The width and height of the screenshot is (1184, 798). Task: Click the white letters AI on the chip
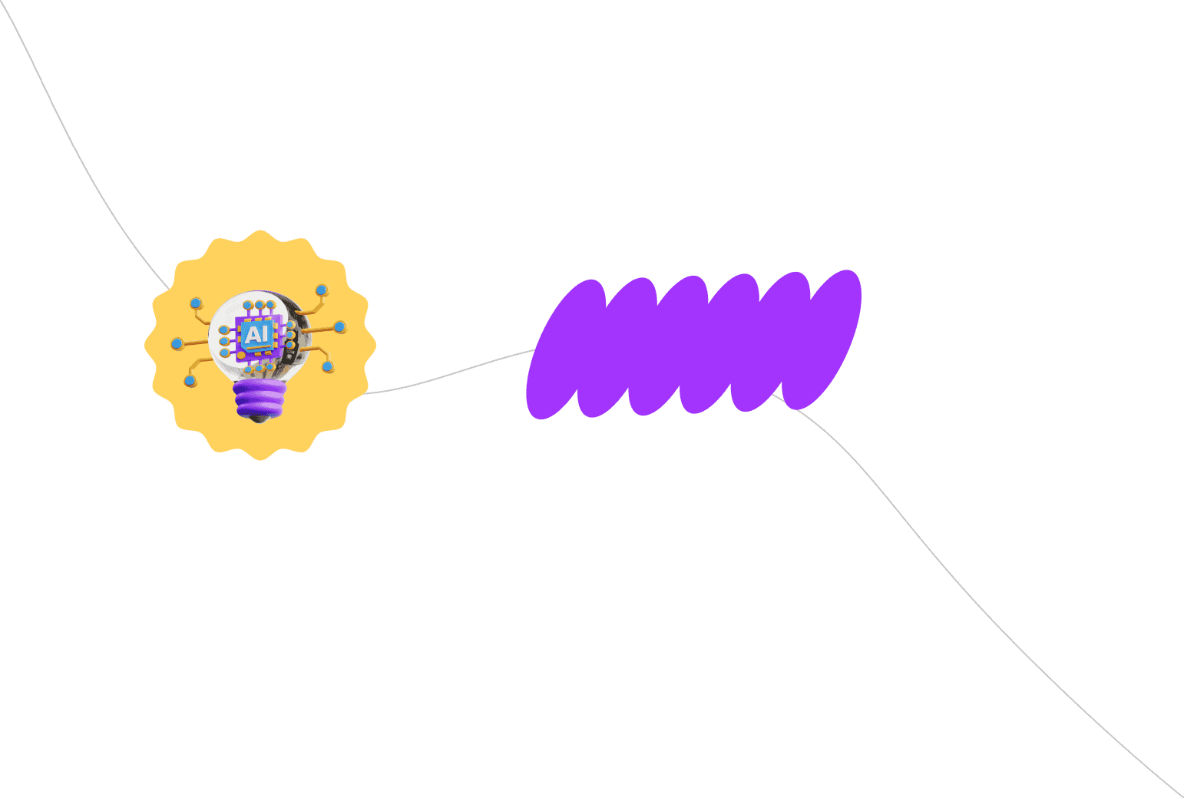tap(257, 333)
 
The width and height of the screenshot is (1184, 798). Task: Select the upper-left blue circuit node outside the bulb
tap(196, 303)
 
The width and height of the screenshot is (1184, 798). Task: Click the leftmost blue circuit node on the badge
tap(177, 344)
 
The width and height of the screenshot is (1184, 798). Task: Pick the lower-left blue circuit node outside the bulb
tap(190, 381)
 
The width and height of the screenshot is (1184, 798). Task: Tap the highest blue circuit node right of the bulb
tap(322, 290)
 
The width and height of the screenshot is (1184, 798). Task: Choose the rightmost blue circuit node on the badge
tap(340, 327)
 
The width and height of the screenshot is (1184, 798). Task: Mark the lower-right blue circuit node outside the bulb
tap(328, 366)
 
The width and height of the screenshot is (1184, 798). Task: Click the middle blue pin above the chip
tap(259, 305)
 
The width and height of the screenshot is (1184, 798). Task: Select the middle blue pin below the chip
tap(259, 368)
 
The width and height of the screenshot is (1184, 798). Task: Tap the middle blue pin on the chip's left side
tap(224, 341)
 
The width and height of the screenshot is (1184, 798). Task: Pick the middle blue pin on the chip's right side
tap(290, 336)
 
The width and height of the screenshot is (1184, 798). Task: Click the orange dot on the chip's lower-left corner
tap(241, 356)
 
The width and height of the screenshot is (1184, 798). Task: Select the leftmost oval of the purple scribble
tap(566, 349)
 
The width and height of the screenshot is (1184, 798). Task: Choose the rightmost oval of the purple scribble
tap(822, 339)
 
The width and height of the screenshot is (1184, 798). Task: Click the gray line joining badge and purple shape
tap(449, 373)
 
